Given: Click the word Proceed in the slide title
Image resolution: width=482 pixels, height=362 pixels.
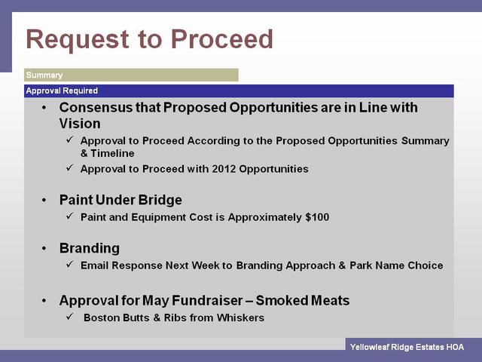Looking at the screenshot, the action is point(222,39).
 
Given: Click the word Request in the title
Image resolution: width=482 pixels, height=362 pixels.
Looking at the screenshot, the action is point(78,40).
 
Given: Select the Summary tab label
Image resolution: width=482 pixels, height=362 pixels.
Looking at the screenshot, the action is point(44,75).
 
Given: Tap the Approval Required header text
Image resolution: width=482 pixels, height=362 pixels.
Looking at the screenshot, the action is point(62,90).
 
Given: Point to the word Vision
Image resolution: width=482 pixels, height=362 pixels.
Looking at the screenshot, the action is point(80,124).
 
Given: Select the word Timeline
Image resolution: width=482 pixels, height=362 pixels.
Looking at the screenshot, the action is point(112,153).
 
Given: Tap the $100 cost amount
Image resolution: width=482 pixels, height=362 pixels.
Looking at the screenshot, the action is point(317,217).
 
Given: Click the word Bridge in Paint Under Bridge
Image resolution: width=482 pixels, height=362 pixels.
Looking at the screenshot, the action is point(160,200).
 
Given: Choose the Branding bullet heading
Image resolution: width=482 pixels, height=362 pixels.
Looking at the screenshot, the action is point(90,248).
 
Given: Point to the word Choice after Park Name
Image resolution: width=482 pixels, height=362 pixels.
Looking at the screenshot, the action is point(426,265).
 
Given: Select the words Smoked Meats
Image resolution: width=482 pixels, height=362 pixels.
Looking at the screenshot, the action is point(303,300).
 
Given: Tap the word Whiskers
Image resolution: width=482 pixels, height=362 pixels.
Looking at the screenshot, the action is point(240,318).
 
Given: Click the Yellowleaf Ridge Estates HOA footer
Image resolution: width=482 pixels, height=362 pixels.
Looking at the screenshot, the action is point(407,347).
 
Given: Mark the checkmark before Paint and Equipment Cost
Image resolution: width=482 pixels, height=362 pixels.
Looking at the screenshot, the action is point(69,216).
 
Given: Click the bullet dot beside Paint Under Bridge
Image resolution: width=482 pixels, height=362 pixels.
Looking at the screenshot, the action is point(44,201).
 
